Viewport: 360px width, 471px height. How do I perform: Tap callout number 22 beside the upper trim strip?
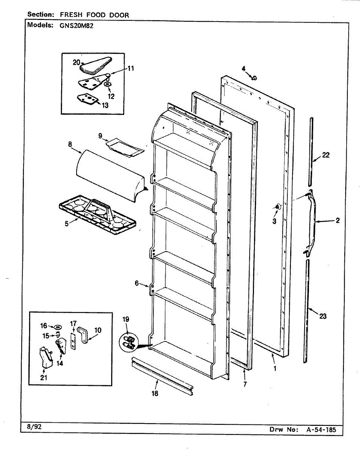(x=326, y=155)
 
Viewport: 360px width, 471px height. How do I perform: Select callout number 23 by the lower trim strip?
(x=323, y=316)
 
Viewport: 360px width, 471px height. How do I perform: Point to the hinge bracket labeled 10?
(x=84, y=334)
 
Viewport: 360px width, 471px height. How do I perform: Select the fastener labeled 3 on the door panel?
(x=278, y=207)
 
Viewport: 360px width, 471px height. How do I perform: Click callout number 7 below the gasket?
(x=245, y=384)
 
